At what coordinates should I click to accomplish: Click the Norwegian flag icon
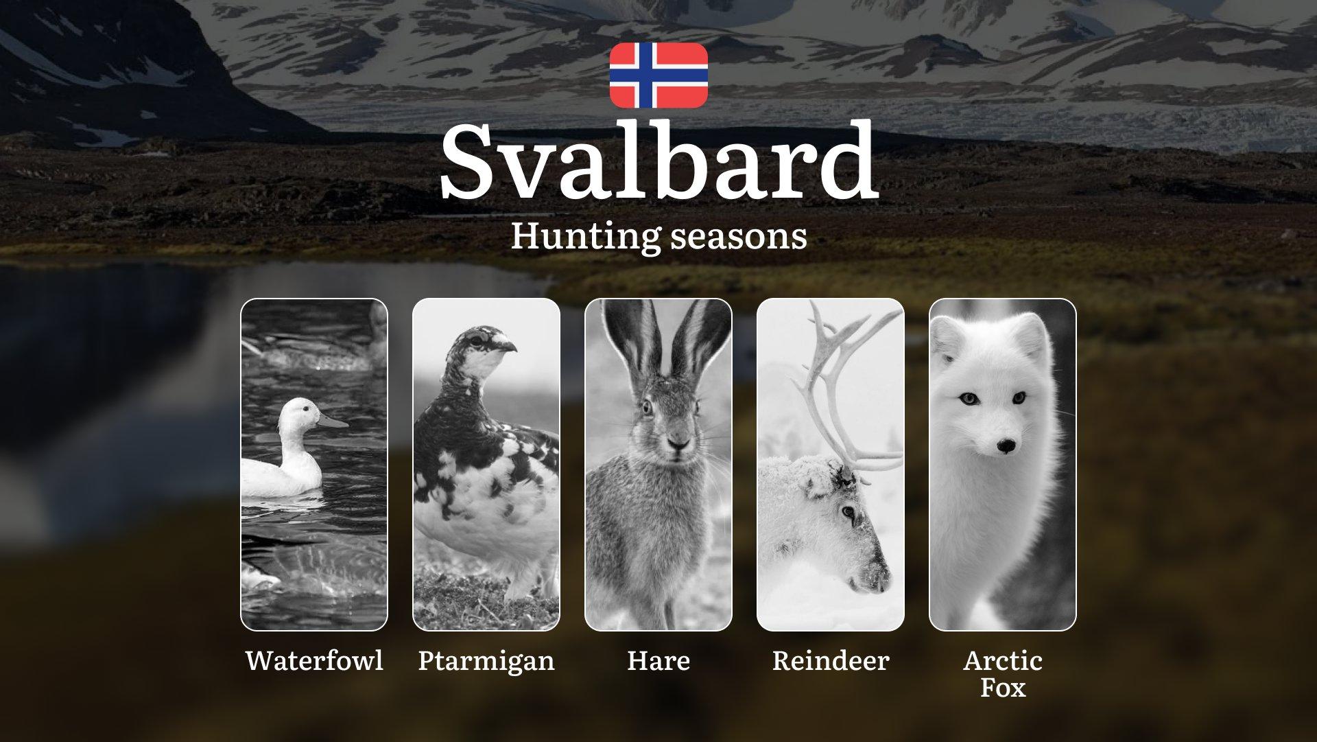click(x=658, y=75)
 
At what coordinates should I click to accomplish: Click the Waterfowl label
click(x=314, y=660)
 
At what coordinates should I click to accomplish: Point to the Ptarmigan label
click(x=486, y=661)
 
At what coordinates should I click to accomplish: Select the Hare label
click(x=658, y=660)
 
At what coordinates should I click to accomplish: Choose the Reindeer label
click(x=831, y=660)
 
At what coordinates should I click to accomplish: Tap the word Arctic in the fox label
click(x=1003, y=660)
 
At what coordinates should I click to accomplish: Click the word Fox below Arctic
click(x=1003, y=687)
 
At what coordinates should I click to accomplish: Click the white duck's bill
click(x=333, y=420)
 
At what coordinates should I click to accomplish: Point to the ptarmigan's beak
click(x=508, y=345)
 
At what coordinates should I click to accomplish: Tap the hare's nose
click(x=678, y=446)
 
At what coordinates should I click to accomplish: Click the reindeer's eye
click(x=849, y=511)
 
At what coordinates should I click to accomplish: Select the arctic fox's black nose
click(x=1006, y=446)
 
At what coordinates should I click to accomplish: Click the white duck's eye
click(x=307, y=412)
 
